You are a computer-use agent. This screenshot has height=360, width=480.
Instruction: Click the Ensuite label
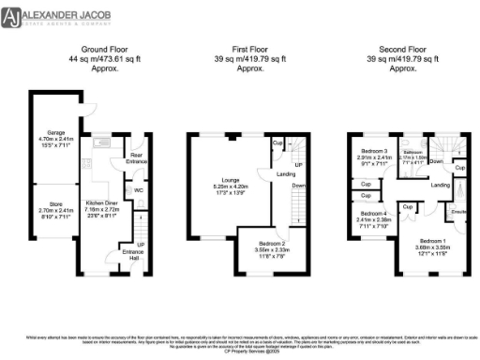pos(459,212)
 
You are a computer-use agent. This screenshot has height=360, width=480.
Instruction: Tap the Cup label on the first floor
pos(277,142)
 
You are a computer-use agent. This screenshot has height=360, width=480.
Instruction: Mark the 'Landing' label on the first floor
pos(286,172)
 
